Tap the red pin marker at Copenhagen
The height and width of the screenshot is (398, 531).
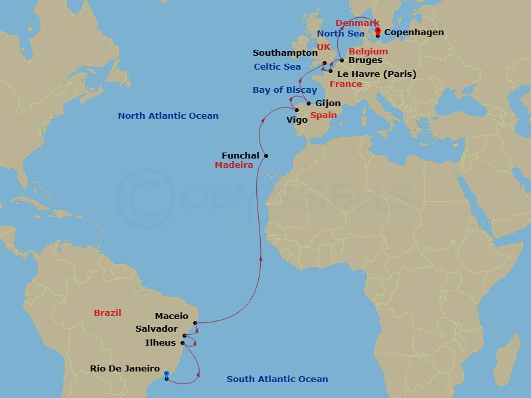tap(377, 31)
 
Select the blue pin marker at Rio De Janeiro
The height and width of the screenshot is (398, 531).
tap(166, 374)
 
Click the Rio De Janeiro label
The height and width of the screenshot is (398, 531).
tap(125, 369)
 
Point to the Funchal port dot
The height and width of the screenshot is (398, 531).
tap(266, 156)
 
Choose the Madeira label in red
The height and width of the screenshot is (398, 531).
tap(234, 165)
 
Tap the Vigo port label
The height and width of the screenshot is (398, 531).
tap(297, 120)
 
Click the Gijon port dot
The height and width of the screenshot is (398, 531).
tap(309, 103)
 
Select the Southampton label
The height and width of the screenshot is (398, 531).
tap(285, 53)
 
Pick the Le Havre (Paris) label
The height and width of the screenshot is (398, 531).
tap(377, 74)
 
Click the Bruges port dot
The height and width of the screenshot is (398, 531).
tap(341, 60)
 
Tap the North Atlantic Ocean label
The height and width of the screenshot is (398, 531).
tap(168, 116)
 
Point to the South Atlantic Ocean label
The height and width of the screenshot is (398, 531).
tap(277, 379)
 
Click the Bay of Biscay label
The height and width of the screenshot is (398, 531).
tap(285, 90)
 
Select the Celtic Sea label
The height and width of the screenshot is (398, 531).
tap(277, 67)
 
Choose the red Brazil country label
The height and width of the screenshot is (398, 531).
tap(108, 312)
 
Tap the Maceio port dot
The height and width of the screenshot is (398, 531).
tap(195, 324)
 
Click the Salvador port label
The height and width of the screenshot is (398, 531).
tap(157, 329)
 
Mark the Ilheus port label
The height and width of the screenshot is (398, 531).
tap(161, 343)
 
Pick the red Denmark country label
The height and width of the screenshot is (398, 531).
tap(357, 23)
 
